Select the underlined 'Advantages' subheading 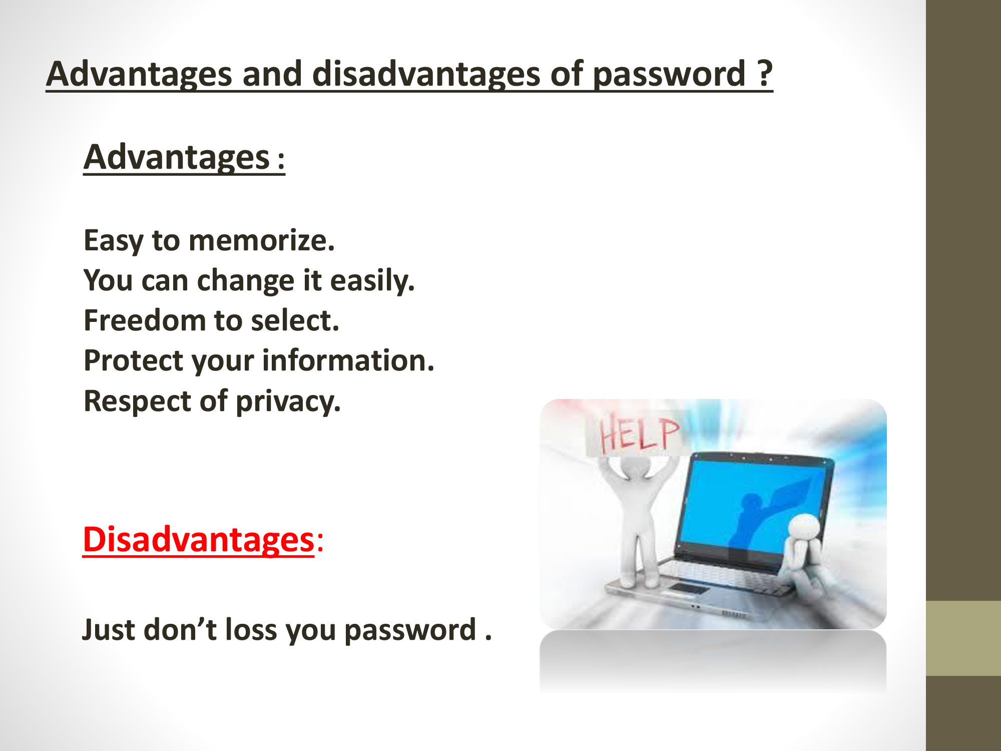(x=177, y=157)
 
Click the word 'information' (x=348, y=360)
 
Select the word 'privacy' (x=288, y=402)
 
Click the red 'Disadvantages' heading (x=199, y=540)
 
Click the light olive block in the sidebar (x=963, y=638)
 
